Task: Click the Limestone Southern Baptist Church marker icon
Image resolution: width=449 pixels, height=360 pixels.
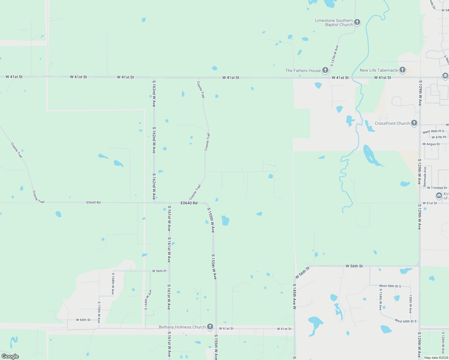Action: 357,22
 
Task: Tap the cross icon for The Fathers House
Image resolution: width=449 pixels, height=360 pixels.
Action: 325,70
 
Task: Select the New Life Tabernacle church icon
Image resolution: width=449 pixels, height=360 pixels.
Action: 402,70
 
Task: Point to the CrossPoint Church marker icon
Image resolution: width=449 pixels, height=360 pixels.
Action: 414,123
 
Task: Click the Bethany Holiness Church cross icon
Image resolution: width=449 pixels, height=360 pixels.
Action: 210,327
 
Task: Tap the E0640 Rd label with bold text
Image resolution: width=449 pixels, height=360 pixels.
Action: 189,203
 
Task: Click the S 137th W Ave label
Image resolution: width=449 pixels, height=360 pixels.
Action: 334,56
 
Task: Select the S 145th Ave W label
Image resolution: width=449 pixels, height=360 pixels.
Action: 294,296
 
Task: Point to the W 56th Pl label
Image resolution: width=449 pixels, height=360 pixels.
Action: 159,271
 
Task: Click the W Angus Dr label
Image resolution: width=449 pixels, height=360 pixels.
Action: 431,144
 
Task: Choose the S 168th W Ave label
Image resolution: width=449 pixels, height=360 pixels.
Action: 113,283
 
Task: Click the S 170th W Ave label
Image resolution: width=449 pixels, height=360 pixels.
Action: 99,312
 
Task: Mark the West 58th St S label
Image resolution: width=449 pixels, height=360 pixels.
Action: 390,286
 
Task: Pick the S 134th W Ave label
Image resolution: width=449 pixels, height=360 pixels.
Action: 380,299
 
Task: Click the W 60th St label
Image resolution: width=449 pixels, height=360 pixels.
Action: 83,320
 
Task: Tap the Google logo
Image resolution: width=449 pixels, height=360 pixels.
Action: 10,356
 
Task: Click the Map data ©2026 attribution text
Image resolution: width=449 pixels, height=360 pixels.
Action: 436,358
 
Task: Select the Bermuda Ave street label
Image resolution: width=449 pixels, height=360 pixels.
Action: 425,177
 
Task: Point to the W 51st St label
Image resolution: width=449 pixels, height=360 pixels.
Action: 430,203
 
